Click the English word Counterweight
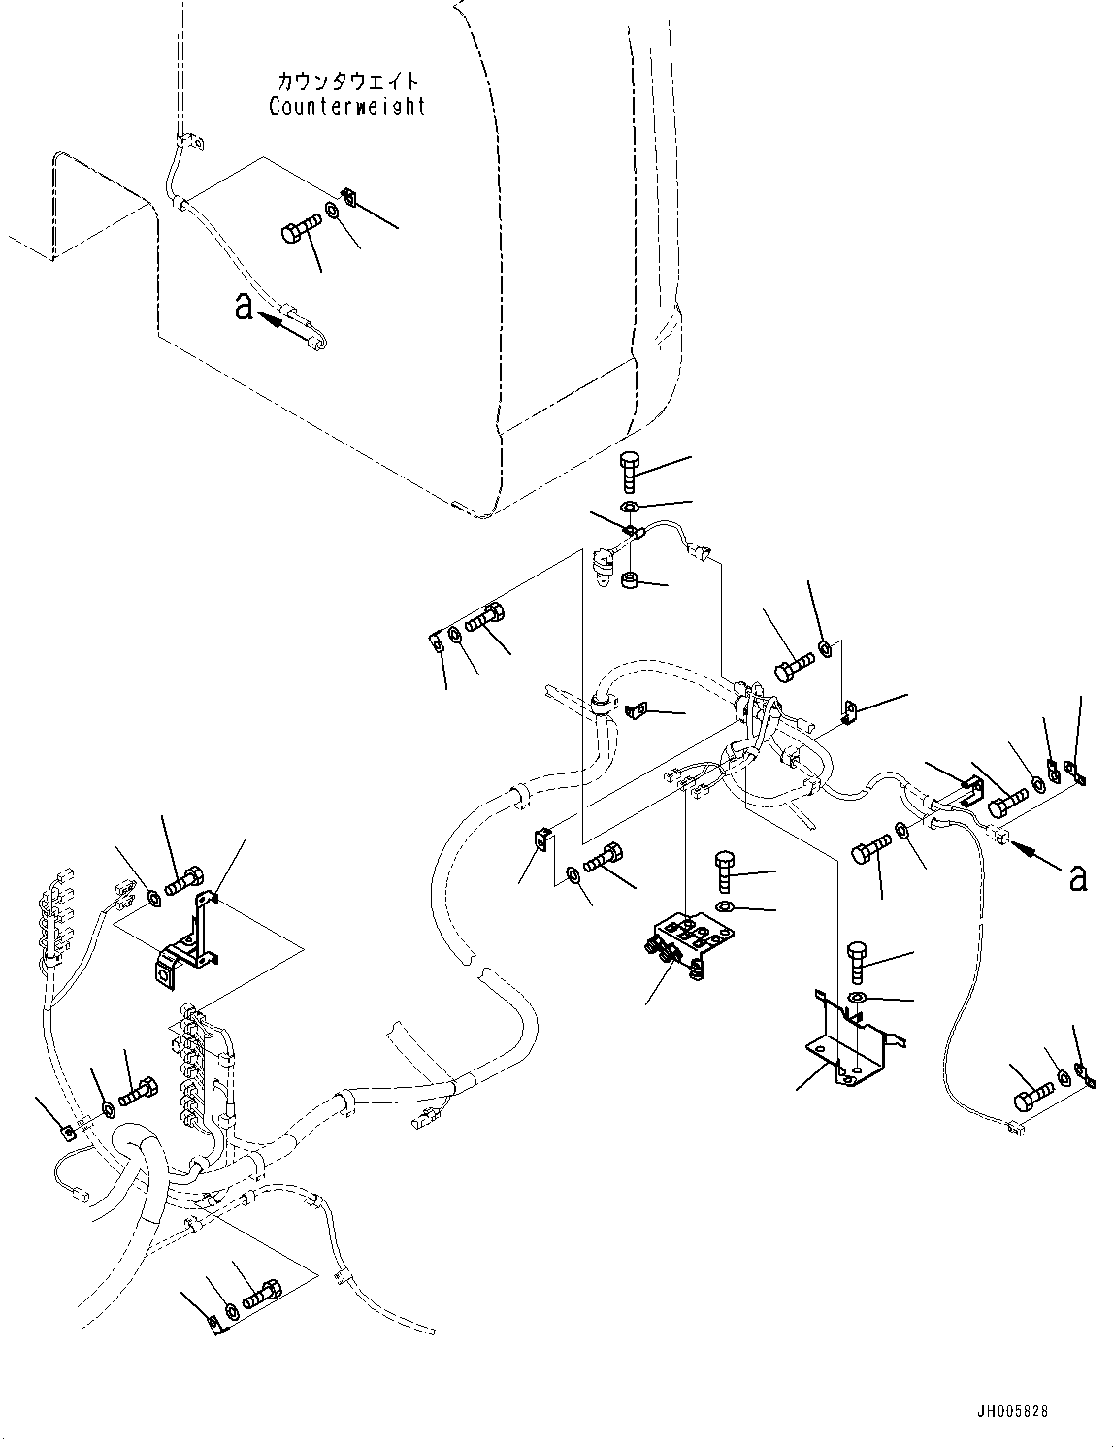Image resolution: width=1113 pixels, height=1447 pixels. [x=346, y=106]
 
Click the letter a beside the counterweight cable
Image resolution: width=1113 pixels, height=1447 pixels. [x=244, y=308]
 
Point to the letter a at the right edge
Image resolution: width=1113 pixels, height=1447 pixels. [x=1076, y=877]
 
